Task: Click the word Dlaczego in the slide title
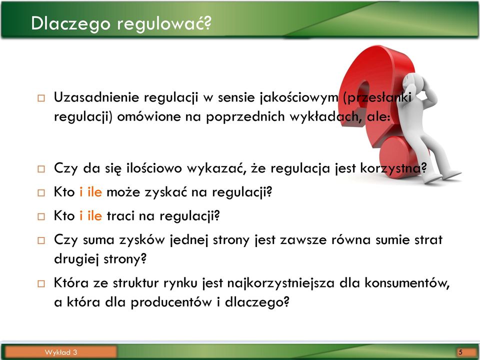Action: click(x=70, y=24)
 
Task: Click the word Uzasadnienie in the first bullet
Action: click(x=96, y=97)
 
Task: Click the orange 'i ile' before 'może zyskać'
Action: click(x=90, y=192)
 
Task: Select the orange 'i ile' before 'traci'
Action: click(x=90, y=216)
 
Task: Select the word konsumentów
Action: click(x=407, y=283)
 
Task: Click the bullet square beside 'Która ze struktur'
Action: click(x=41, y=284)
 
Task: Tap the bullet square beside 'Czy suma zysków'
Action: click(x=41, y=240)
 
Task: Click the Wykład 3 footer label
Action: click(x=60, y=352)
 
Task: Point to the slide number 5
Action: click(x=460, y=352)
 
